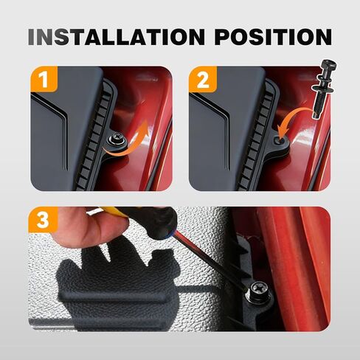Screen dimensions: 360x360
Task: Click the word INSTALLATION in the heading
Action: coord(117,37)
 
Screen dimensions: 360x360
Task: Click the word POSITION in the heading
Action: coord(273,37)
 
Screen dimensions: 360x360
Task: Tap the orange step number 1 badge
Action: coord(44,79)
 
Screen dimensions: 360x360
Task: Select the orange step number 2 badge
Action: coord(203,79)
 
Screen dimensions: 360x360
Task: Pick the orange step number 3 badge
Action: coord(44,220)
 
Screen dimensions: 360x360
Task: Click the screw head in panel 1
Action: coord(117,139)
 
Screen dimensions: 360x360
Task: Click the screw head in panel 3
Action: coord(258,289)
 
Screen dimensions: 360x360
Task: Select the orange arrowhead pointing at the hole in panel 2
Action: coord(281,131)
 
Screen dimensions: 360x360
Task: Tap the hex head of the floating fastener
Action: coord(328,67)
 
